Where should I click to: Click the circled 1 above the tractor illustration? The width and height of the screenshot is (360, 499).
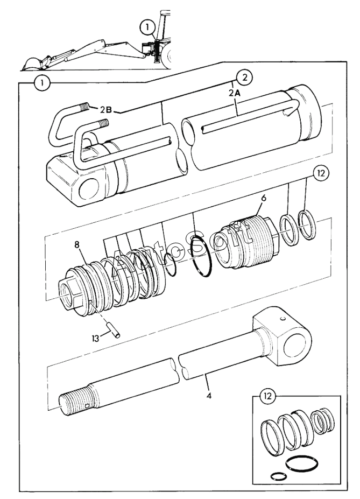pos(147,27)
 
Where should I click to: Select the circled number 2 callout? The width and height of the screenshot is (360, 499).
pos(244,78)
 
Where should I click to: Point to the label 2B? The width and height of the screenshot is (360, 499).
pos(106,110)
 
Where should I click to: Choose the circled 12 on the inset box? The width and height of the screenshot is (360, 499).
pos(267,396)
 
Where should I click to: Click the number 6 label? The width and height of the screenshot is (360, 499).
pos(264,198)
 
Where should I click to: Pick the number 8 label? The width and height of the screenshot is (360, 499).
pos(76,244)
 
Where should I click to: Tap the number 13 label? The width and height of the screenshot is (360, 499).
pos(95,338)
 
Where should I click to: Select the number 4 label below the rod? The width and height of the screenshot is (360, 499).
pos(209,396)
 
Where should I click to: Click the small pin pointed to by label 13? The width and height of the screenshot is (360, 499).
pos(114,331)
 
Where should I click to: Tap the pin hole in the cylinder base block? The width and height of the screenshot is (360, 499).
pos(89,189)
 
